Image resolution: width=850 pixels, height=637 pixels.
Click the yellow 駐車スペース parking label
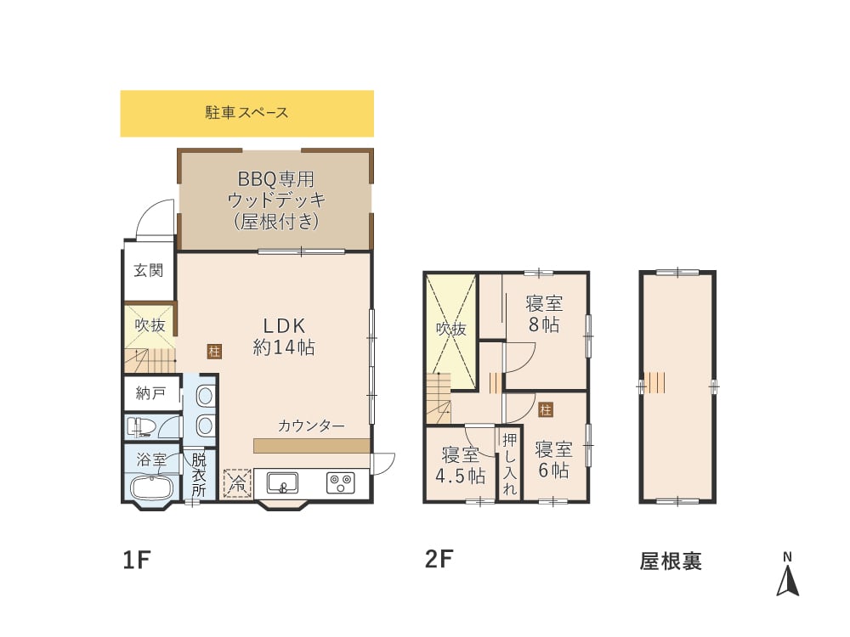pos(246,112)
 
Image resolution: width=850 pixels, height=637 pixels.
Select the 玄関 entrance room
pos(149,271)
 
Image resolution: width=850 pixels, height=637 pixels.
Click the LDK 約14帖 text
pos(283,336)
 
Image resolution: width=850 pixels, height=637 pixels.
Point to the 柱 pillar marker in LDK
pos(212,350)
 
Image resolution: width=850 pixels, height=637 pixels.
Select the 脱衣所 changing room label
pos(198,475)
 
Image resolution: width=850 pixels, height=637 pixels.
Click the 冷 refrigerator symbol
pos(238,483)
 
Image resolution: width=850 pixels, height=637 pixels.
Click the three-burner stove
pos(341,483)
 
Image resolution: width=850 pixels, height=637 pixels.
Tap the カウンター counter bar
pos(311,445)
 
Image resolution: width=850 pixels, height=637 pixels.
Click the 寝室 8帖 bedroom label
pos(544,313)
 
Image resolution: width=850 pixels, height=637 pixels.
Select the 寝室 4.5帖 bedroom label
pos(460,465)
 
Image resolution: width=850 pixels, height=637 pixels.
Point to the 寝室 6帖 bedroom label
pos(552,459)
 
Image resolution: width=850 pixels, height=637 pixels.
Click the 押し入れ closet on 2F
pos(509,464)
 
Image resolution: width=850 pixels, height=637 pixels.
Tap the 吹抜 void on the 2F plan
pos(451,329)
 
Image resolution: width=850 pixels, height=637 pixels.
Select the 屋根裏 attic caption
pos(671,561)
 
